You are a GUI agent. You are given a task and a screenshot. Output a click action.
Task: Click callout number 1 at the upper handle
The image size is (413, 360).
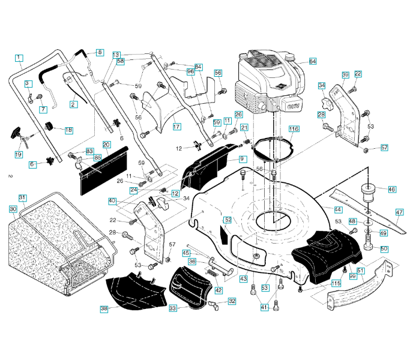tap(19, 58)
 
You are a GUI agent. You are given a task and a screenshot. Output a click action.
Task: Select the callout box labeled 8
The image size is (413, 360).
tap(100, 53)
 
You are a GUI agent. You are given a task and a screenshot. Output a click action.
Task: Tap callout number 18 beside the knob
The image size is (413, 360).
tap(68, 130)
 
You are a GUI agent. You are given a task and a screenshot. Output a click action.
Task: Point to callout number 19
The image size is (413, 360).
tap(19, 154)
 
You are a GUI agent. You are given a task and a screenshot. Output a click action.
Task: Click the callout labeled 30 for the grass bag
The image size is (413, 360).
tap(13, 209)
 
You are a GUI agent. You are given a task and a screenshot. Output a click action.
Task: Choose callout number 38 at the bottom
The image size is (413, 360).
tap(104, 308)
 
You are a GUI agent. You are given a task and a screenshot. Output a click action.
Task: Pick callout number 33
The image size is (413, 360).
tap(173, 308)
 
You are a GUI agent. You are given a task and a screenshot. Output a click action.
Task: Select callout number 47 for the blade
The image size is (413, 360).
tap(400, 212)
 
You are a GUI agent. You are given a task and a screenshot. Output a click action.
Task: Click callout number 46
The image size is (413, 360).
tap(391, 190)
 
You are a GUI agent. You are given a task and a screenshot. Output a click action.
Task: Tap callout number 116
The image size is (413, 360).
tap(293, 129)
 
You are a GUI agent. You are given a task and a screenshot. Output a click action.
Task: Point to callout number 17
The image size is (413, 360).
tap(176, 127)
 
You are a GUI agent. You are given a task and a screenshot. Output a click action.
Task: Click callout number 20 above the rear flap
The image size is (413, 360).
tap(106, 145)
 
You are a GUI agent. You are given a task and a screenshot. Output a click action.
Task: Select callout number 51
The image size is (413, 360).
tap(361, 271)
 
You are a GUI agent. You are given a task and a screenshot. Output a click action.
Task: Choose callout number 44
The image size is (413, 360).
tap(338, 209)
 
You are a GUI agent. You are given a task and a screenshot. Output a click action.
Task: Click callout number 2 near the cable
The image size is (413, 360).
tap(73, 104)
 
